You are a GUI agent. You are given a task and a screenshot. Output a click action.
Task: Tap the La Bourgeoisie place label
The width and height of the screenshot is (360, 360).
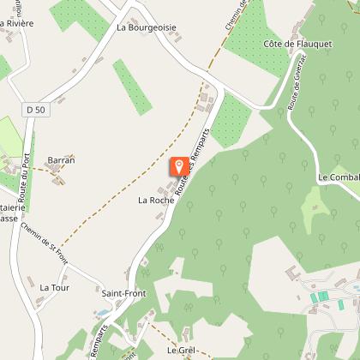tap(147, 27)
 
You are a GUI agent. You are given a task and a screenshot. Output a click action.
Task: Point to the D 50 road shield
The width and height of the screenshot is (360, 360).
tap(35, 110)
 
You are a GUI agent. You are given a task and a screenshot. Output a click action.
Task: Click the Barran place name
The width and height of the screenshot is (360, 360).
tap(62, 160)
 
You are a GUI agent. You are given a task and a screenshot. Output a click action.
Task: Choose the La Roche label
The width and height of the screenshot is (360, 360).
tap(155, 200)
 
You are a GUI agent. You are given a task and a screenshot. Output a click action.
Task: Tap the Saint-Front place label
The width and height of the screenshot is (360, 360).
tap(123, 293)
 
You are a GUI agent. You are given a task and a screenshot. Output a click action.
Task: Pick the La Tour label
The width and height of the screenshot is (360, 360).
tap(54, 288)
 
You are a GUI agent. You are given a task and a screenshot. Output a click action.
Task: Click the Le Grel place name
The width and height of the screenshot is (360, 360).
tap(182, 350)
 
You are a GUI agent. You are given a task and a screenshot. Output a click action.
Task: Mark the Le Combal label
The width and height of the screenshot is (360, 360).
tap(338, 177)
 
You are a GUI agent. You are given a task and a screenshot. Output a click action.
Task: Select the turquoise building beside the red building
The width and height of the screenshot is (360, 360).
tap(323, 297)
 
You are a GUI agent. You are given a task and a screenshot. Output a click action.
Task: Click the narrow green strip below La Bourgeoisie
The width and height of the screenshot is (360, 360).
tap(132, 87)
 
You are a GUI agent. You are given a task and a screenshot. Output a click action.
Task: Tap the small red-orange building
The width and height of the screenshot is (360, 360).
tap(314, 297)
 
